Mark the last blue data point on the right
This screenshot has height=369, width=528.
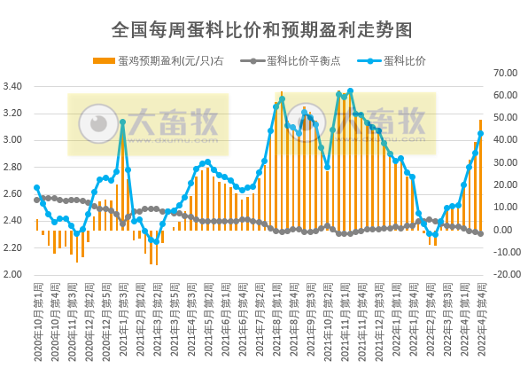point(480,134)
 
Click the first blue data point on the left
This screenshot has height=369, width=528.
point(36,187)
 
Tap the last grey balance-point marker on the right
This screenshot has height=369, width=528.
point(480,233)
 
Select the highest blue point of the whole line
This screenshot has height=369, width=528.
point(350,90)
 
